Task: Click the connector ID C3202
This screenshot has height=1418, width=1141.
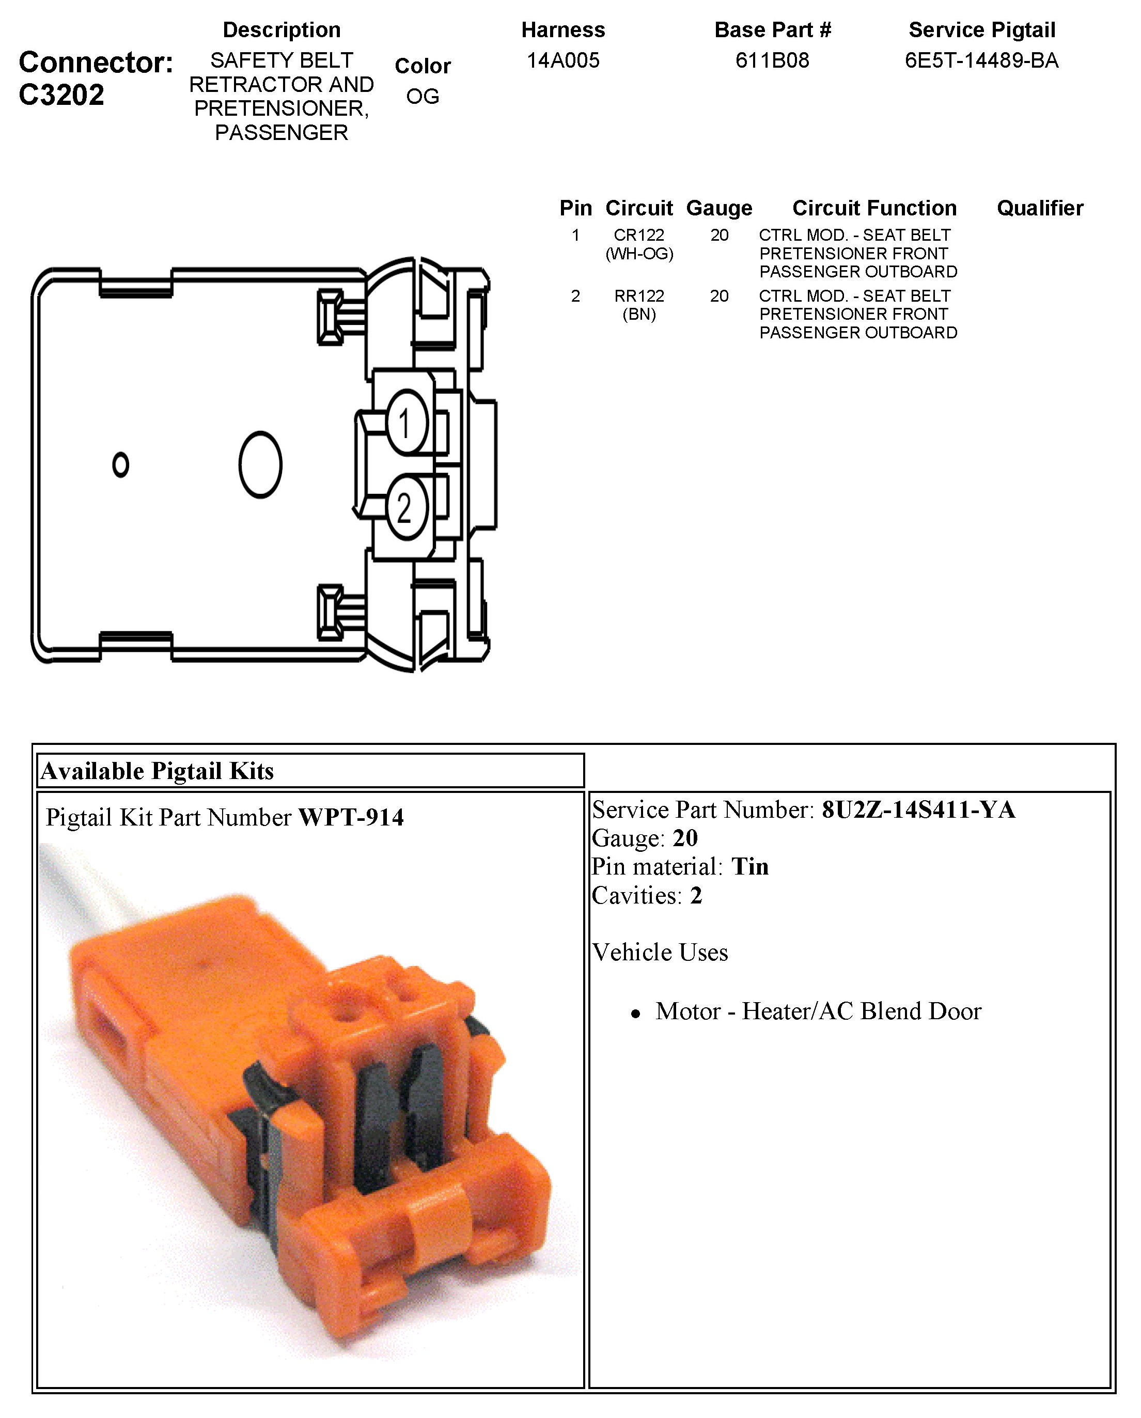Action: (61, 95)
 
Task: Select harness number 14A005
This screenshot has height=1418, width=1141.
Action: (563, 60)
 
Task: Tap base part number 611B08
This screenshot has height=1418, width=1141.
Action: (772, 60)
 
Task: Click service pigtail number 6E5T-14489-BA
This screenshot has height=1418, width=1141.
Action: (981, 60)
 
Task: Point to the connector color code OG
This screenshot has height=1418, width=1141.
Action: (422, 97)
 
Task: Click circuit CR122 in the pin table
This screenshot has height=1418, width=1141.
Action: (638, 235)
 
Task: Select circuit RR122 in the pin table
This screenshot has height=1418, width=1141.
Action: (638, 296)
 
